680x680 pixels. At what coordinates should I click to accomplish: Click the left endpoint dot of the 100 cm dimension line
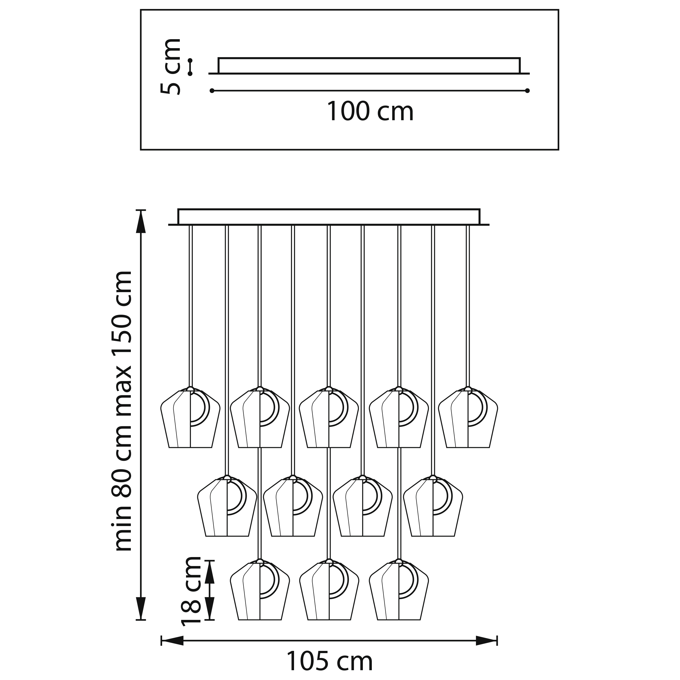coord(212,91)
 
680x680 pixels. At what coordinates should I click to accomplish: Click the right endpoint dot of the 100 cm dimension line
coord(527,91)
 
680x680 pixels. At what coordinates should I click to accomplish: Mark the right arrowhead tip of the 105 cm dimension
coord(497,640)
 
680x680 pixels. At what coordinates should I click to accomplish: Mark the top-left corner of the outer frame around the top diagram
coord(141,10)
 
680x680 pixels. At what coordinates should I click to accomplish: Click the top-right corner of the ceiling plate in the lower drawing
coord(479,209)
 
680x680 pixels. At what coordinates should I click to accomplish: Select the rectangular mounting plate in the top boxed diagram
coord(369,66)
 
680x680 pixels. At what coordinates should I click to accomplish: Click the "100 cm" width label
coord(370,111)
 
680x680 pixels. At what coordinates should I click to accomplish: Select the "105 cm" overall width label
coord(330,662)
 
